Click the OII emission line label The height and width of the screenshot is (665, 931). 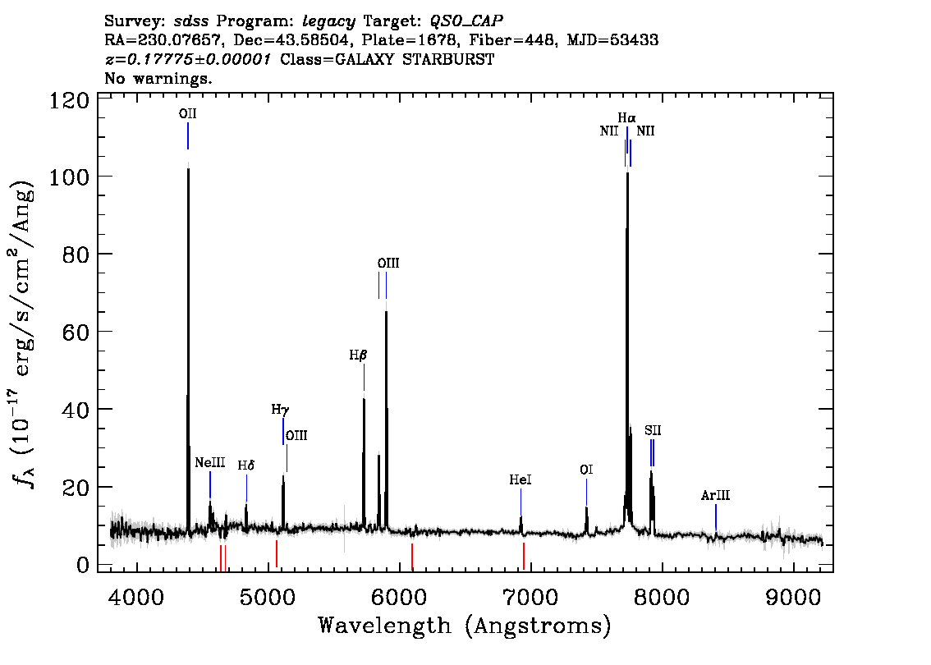[x=188, y=114]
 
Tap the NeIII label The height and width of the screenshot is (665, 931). [x=209, y=463]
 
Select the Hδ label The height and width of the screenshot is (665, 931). [x=246, y=465]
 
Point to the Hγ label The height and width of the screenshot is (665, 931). [x=281, y=409]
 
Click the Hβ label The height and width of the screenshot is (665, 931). [x=358, y=355]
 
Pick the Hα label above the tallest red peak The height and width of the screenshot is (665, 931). [x=626, y=118]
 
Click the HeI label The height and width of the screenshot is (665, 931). [x=521, y=479]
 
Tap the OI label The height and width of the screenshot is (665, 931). [x=586, y=470]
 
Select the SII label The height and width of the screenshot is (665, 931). [x=653, y=430]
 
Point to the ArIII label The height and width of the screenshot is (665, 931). [x=715, y=495]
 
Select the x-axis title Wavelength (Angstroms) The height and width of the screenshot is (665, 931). [x=465, y=626]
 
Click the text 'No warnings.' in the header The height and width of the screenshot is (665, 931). [x=158, y=79]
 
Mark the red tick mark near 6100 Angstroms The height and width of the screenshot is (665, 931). [x=412, y=555]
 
